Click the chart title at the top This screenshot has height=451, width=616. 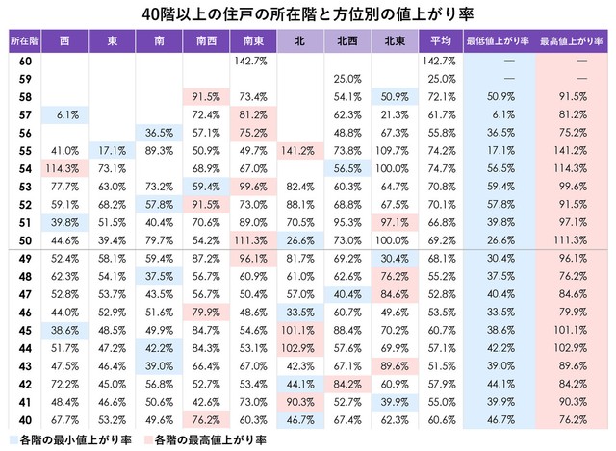(307, 13)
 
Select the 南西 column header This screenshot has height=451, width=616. (205, 41)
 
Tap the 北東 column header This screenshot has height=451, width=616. (393, 41)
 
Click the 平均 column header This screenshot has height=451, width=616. (441, 41)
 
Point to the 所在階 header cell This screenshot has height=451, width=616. (23, 41)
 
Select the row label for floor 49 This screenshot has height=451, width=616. (23, 259)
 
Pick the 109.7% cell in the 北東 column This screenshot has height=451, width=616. (393, 150)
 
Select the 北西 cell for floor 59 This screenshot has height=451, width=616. (346, 78)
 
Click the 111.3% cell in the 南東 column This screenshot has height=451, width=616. (252, 240)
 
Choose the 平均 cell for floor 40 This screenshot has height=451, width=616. (441, 421)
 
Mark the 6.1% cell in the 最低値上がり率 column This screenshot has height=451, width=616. (498, 113)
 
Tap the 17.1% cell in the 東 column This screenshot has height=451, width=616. (112, 150)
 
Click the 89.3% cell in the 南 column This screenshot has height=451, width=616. (158, 150)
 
